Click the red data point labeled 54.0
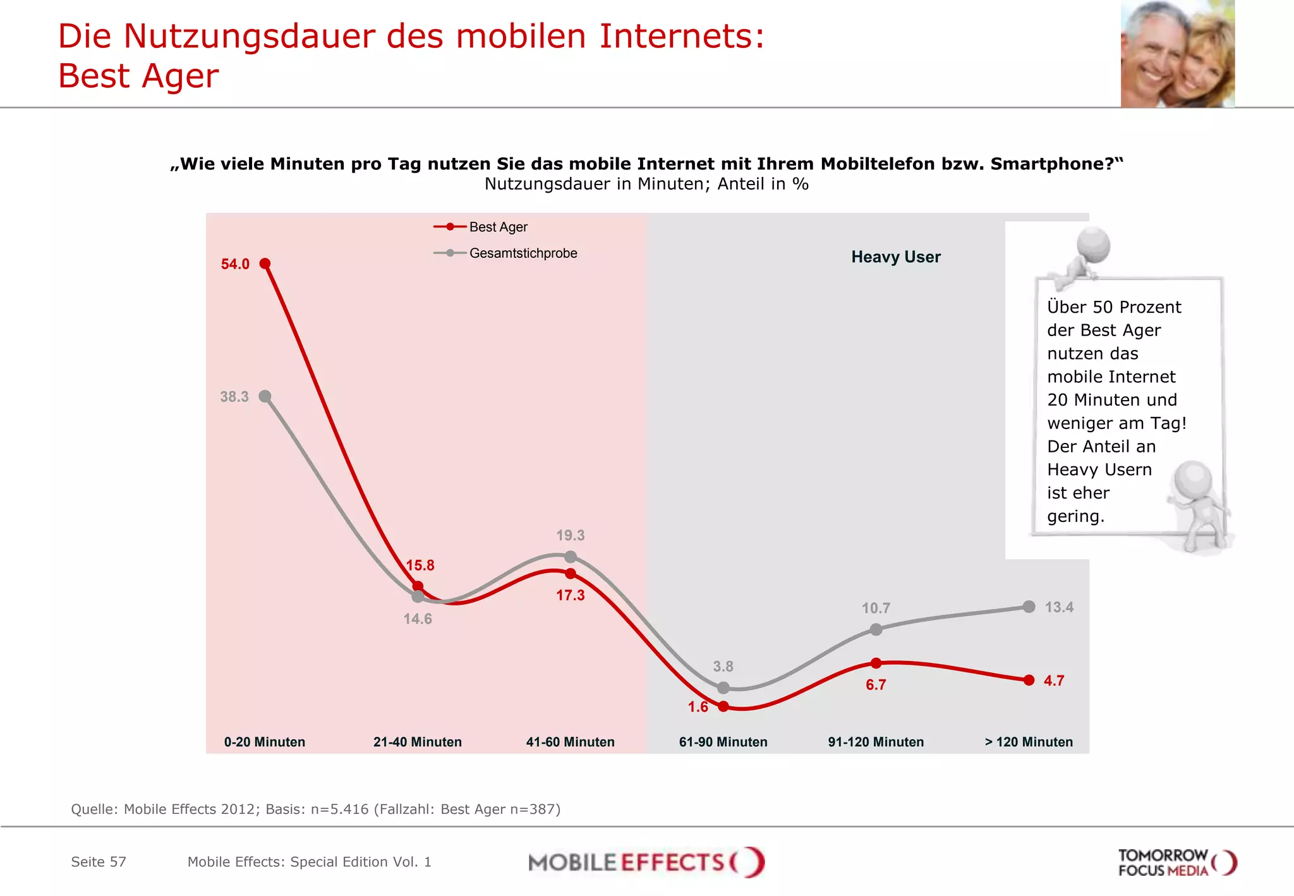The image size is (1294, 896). click(265, 263)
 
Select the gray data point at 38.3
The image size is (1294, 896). click(265, 396)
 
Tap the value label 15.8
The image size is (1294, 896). click(420, 565)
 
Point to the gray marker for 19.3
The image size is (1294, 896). click(571, 557)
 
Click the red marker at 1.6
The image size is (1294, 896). click(723, 706)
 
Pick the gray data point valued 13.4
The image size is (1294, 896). click(1029, 607)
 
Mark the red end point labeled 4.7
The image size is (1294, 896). click(1029, 680)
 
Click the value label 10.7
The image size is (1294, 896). click(876, 608)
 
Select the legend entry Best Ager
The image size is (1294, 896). click(498, 227)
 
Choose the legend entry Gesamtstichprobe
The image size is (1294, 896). click(523, 253)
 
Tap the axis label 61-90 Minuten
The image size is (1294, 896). click(723, 742)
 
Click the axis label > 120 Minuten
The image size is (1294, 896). click(1029, 742)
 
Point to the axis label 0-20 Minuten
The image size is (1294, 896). click(265, 742)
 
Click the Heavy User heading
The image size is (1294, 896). click(895, 257)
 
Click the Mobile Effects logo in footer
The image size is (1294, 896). click(646, 862)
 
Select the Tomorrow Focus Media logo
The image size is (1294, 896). click(1177, 863)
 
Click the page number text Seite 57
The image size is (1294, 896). click(99, 862)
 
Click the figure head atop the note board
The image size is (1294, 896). click(1094, 244)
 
